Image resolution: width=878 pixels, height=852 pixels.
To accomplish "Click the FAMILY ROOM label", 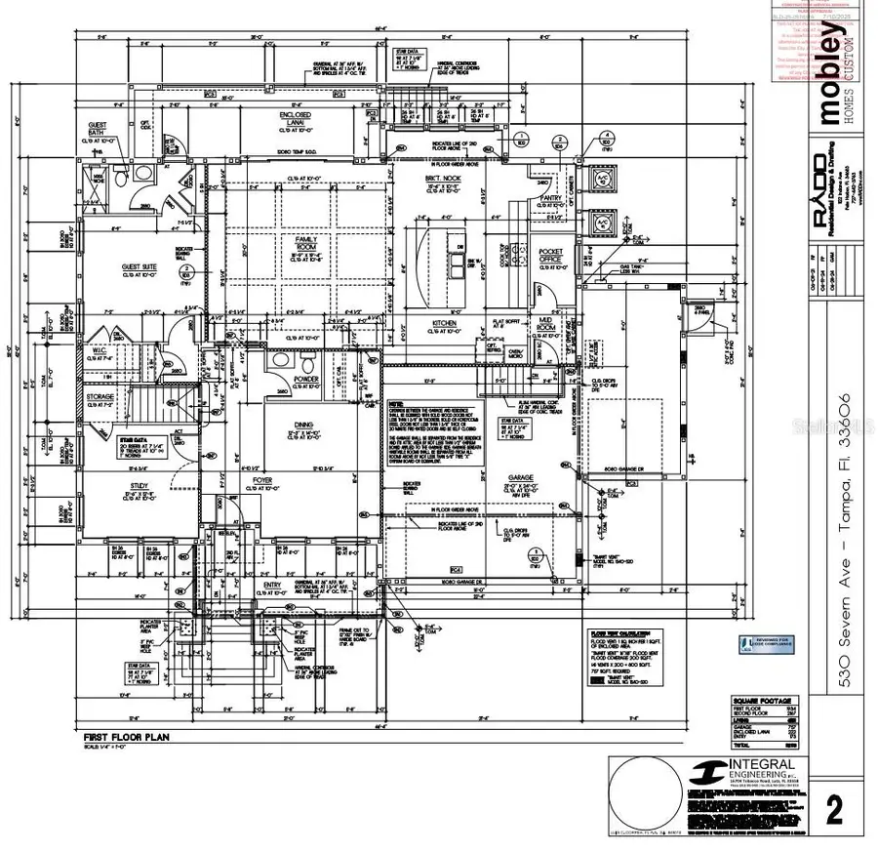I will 307,241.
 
